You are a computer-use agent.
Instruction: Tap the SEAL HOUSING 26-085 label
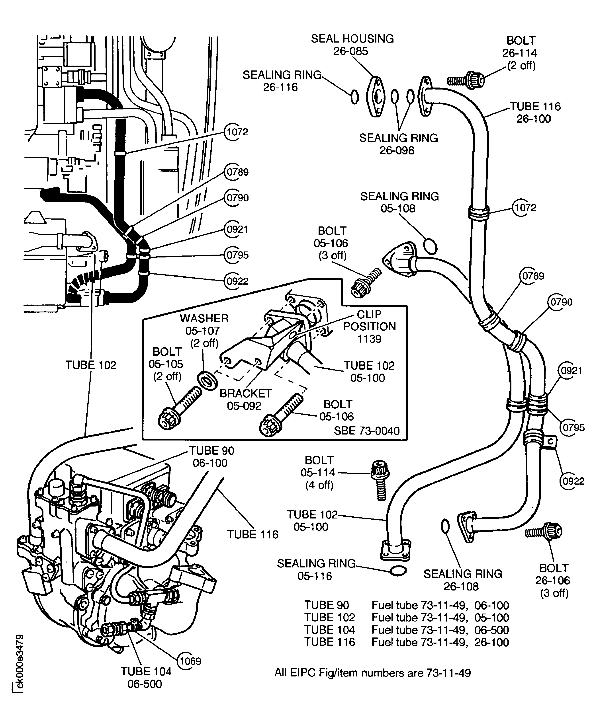click(352, 45)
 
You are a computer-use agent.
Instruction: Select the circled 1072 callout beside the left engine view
click(237, 132)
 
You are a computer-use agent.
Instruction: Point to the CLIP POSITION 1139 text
click(370, 326)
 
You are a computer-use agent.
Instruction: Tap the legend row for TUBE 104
click(406, 630)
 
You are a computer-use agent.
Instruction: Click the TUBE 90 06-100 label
click(211, 456)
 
